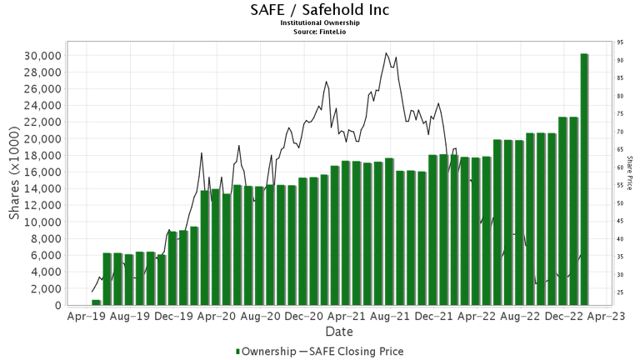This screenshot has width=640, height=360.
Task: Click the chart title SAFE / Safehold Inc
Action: pos(319,10)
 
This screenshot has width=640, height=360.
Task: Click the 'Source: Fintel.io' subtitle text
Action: pos(319,31)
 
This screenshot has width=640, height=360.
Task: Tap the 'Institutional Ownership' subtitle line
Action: pos(319,22)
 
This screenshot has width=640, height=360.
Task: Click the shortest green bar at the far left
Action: pos(96,302)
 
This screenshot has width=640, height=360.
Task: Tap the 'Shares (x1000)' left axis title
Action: pos(14,179)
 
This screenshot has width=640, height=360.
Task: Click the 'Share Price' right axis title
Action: pos(630,172)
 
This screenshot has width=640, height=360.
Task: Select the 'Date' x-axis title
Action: pos(338,331)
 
